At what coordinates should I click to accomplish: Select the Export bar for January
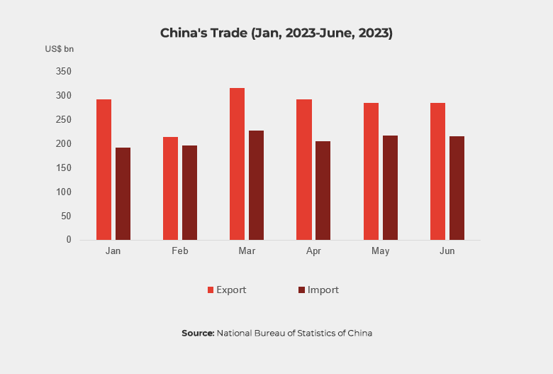tap(104, 170)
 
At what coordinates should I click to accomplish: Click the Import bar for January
tap(123, 194)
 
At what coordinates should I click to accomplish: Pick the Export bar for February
tap(170, 188)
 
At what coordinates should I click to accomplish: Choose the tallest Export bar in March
tap(237, 164)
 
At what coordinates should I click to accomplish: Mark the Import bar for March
tap(256, 185)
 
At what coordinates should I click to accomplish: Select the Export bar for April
tap(304, 170)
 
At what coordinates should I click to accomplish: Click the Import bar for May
tap(390, 187)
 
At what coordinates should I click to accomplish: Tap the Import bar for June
tap(457, 188)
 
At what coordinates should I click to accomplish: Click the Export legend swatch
tap(211, 290)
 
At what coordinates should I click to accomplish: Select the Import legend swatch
tap(301, 290)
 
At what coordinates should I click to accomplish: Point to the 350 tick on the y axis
tap(64, 72)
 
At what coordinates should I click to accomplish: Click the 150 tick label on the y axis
tap(64, 167)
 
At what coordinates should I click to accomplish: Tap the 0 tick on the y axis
tap(69, 240)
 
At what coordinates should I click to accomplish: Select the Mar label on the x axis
tap(246, 252)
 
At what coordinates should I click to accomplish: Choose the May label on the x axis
tap(380, 252)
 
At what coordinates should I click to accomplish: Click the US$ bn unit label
tap(60, 49)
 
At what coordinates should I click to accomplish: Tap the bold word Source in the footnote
tap(198, 333)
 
